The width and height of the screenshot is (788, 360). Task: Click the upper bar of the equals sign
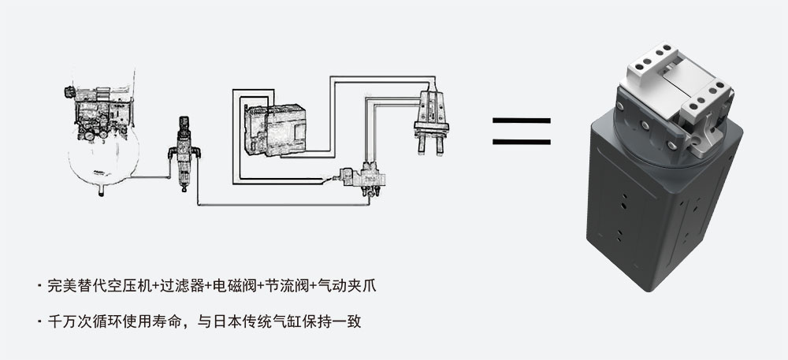[522, 121]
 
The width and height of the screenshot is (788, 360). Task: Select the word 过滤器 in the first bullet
[184, 285]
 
